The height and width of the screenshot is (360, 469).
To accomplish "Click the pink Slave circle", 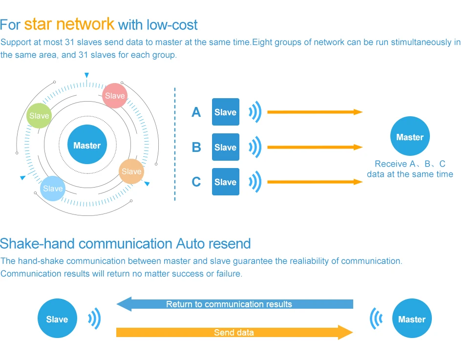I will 115,96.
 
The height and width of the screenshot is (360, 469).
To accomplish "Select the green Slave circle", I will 39,116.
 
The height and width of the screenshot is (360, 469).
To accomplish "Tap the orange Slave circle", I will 131,171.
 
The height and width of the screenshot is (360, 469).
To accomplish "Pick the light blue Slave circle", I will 53,189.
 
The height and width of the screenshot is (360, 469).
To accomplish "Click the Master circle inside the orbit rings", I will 87,145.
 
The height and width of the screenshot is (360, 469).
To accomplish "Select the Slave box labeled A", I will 225,112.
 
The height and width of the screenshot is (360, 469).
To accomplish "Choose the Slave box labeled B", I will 225,147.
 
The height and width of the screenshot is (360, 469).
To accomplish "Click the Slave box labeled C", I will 225,182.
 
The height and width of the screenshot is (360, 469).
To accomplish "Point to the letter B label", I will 196,148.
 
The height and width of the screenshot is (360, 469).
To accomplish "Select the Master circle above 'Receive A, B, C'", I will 410,137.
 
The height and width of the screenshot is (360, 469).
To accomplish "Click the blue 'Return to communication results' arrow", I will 234,304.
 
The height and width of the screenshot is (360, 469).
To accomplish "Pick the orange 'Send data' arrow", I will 234,333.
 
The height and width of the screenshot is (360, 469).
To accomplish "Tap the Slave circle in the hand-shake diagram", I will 57,319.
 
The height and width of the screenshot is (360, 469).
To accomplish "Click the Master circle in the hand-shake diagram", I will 412,319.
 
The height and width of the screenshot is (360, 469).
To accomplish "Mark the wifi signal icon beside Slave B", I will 256,148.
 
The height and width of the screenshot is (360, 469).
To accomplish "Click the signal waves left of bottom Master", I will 376,319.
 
